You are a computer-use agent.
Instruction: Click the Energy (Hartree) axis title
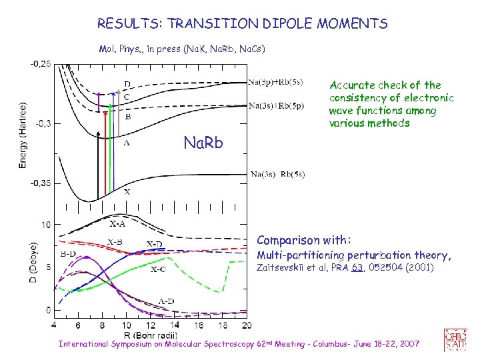(x=23, y=124)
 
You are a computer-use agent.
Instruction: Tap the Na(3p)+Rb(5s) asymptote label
(x=275, y=83)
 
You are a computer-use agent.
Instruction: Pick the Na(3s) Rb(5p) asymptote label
(x=275, y=105)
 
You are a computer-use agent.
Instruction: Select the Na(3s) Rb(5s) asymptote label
(x=277, y=175)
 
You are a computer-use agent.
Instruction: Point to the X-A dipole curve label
(x=118, y=224)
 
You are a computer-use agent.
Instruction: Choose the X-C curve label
(x=158, y=269)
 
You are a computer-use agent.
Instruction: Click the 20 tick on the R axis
(x=246, y=325)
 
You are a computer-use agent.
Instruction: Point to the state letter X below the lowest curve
(x=127, y=191)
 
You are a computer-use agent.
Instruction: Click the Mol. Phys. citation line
(x=182, y=49)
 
